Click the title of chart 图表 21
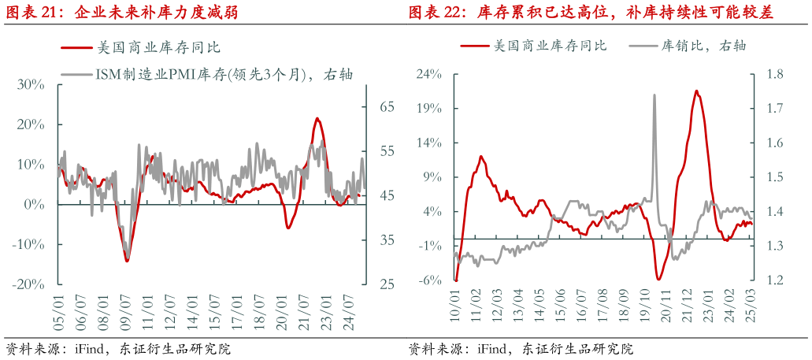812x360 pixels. pyautogui.click(x=122, y=13)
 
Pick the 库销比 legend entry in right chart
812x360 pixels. pyautogui.click(x=691, y=46)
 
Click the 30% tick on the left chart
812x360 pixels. pyautogui.click(x=29, y=84)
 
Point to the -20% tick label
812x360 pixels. pyautogui.click(x=27, y=284)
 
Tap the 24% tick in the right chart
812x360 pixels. pyautogui.click(x=429, y=75)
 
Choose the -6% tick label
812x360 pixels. pyautogui.click(x=430, y=280)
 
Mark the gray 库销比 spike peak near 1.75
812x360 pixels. pyautogui.click(x=654, y=95)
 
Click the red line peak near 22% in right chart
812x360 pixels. pyautogui.click(x=696, y=91)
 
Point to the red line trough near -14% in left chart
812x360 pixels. pyautogui.click(x=127, y=261)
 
